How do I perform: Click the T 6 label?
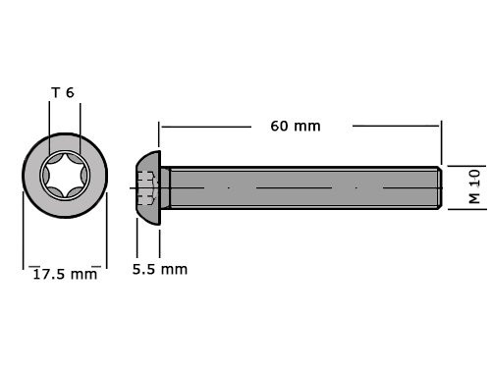[63, 93]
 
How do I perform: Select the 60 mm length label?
[295, 126]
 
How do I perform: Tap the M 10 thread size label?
[473, 185]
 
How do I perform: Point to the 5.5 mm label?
[159, 269]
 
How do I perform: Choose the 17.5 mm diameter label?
[64, 274]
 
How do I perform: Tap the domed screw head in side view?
[147, 185]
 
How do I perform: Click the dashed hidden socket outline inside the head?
[146, 185]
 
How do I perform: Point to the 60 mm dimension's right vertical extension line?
[442, 142]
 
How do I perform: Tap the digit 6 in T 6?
[71, 93]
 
